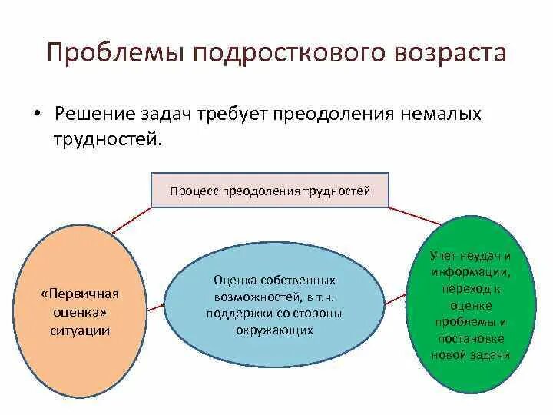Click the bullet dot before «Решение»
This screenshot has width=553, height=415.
tap(37, 112)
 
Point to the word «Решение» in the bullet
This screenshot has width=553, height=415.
tap(95, 115)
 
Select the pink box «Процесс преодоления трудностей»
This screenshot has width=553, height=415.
tap(270, 191)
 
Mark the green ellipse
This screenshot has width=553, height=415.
tap(471, 304)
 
